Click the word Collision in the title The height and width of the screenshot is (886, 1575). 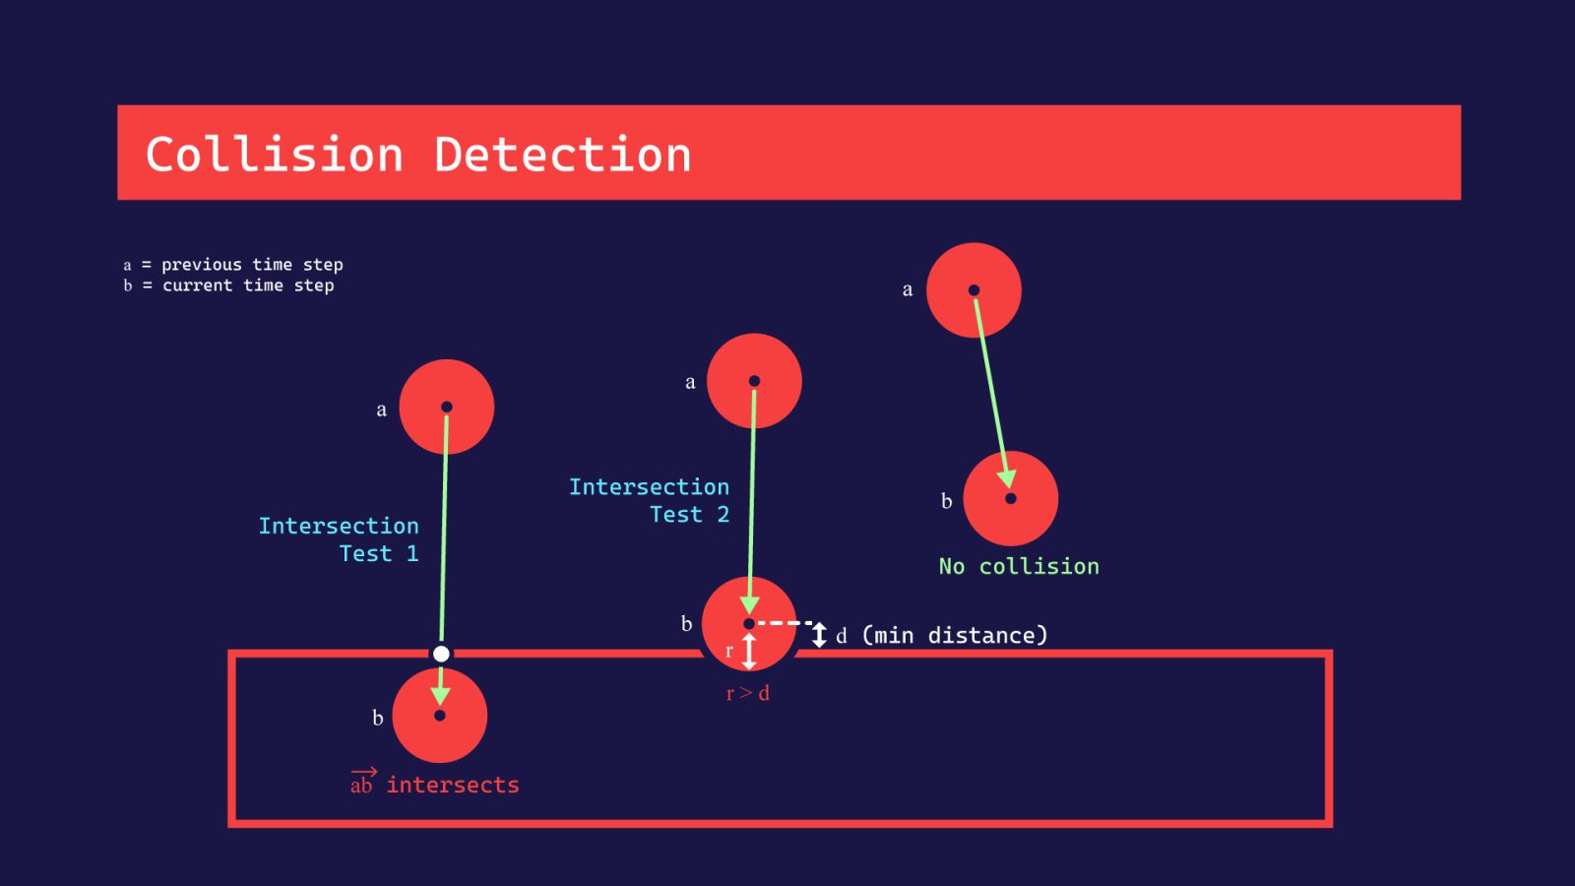275,155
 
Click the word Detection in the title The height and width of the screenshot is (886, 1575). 563,155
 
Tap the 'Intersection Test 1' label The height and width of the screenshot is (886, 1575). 339,539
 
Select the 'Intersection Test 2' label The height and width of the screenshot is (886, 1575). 650,500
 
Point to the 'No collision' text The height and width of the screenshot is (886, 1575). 1019,566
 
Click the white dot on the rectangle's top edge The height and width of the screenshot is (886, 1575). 441,654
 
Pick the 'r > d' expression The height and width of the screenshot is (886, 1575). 748,693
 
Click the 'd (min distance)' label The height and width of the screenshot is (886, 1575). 942,635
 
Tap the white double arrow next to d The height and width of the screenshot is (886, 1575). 819,635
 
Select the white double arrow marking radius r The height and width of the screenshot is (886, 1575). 749,651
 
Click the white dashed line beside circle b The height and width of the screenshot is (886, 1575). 785,623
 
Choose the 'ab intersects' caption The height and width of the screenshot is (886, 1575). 435,784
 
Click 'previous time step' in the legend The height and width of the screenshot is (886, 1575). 252,265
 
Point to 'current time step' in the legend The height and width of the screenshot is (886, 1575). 248,285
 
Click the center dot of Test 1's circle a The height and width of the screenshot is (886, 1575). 446,407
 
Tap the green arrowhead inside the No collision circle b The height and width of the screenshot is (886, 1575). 1006,479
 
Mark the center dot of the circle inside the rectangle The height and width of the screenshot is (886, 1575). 440,716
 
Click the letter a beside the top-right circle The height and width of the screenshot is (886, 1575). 908,289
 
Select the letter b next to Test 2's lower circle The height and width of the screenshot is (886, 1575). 686,623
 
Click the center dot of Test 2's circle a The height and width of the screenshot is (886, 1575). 754,381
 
